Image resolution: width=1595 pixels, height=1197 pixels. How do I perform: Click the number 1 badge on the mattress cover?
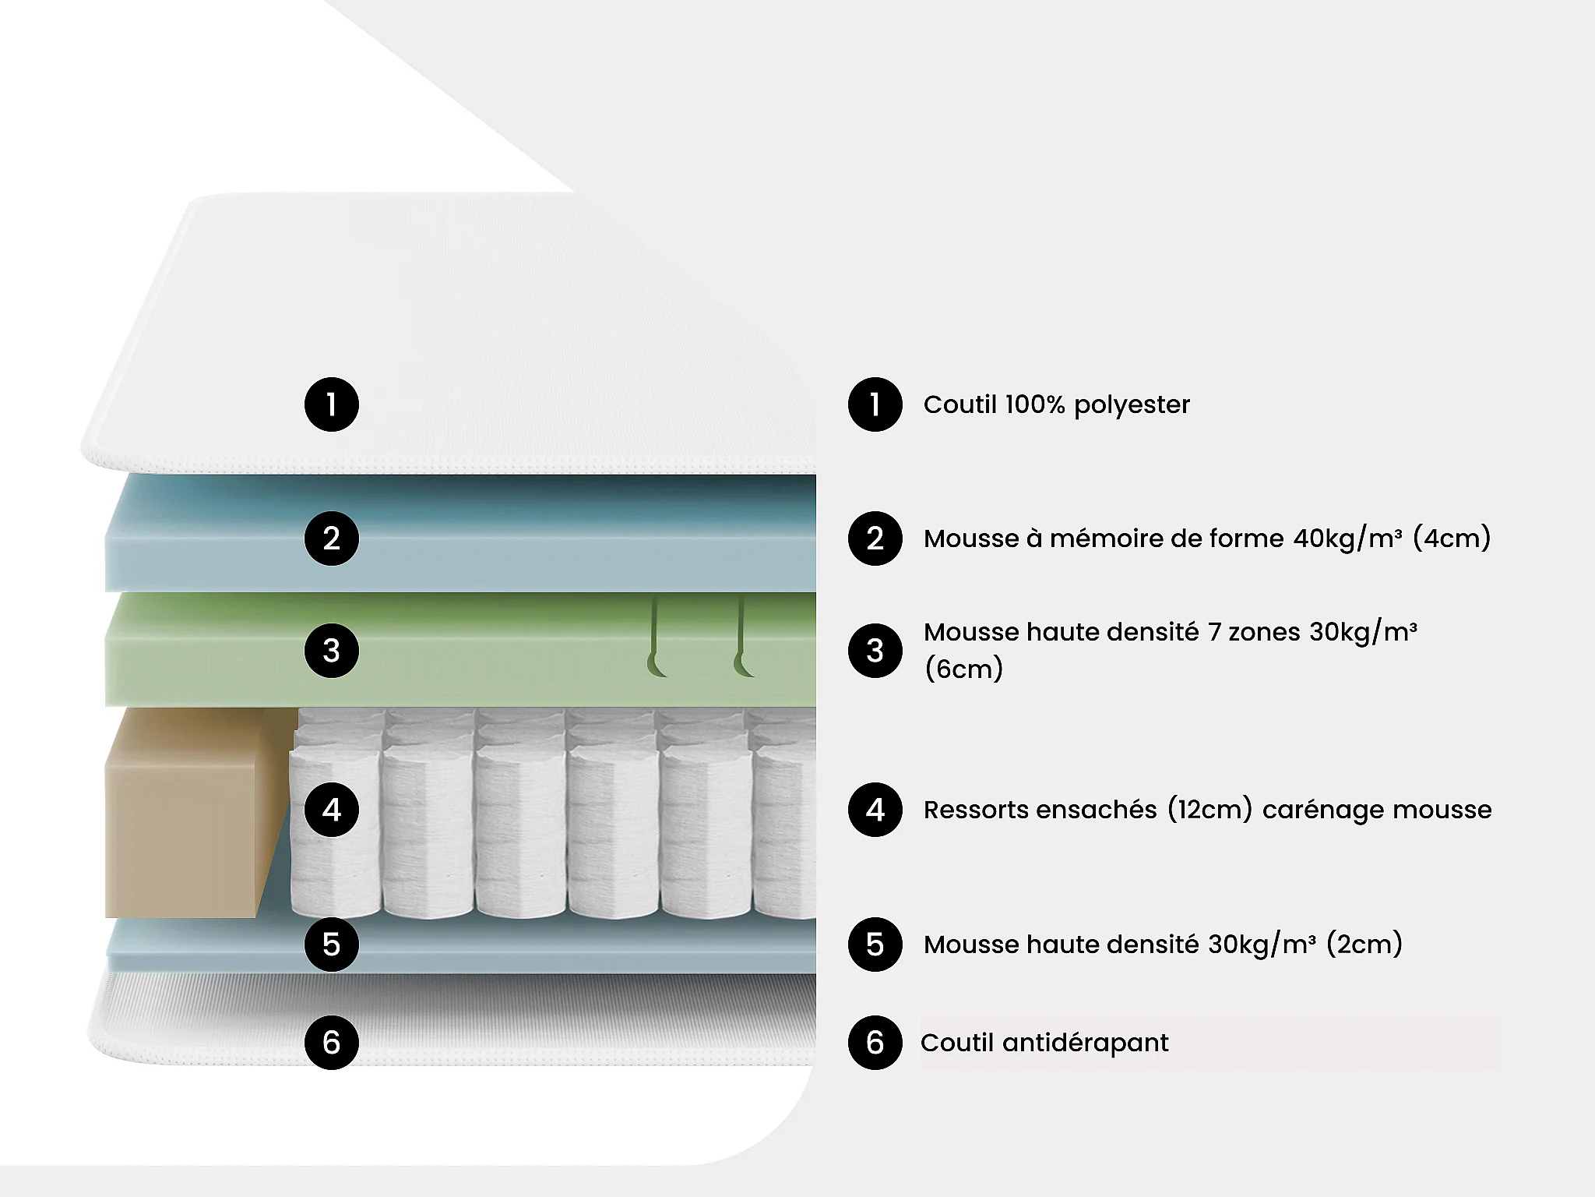click(x=332, y=404)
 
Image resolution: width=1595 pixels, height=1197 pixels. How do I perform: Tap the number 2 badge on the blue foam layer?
click(x=332, y=538)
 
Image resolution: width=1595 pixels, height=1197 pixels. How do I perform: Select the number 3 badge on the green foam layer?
click(x=332, y=651)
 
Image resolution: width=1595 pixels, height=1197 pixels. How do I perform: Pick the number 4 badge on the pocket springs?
click(x=332, y=810)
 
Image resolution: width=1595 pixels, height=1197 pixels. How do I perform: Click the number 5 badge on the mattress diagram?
click(x=332, y=945)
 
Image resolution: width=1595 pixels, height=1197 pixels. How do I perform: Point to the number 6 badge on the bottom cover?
click(x=332, y=1043)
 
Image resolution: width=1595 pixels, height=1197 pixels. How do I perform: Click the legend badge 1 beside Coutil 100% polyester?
click(x=875, y=404)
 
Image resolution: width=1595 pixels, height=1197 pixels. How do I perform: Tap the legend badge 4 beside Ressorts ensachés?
click(x=875, y=810)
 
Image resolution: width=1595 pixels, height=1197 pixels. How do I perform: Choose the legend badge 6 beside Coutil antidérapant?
click(x=875, y=1043)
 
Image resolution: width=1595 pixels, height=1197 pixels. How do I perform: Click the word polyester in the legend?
click(x=1132, y=405)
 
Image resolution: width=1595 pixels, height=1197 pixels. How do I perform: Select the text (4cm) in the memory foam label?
click(x=1452, y=538)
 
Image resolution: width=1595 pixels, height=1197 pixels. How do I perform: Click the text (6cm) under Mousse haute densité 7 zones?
click(x=963, y=669)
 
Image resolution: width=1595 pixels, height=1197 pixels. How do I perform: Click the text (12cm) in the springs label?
click(x=1209, y=810)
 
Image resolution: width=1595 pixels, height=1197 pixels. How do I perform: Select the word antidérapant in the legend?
click(x=1085, y=1043)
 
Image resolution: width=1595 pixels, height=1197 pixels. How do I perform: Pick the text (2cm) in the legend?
click(x=1364, y=945)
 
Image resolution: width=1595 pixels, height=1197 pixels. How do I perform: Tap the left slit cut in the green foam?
click(x=655, y=635)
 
